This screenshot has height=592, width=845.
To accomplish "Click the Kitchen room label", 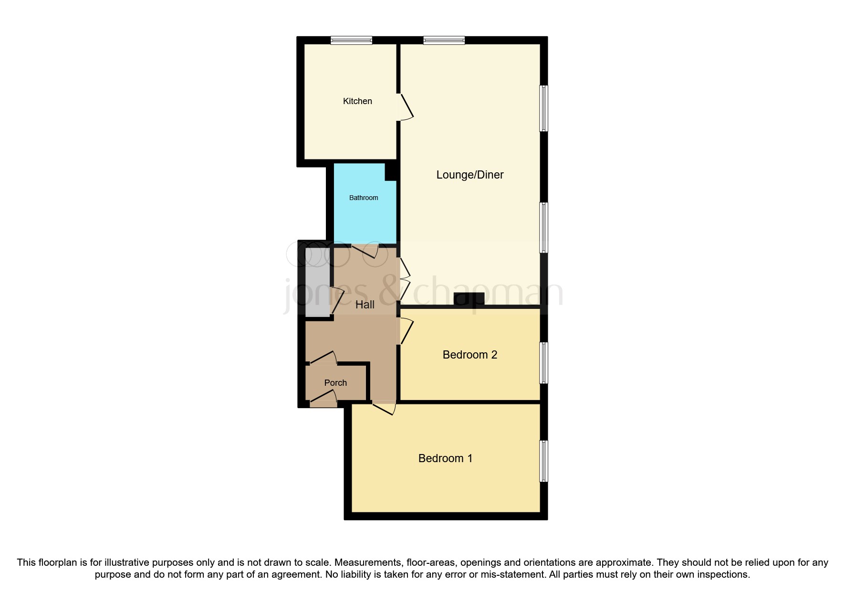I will [x=357, y=101].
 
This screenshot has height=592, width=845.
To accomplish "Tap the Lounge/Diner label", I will [x=469, y=175].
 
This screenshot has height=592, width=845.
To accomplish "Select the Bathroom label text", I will [x=364, y=198].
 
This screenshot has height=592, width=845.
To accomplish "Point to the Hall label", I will [x=365, y=305].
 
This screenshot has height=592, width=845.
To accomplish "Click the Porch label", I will [x=335, y=383].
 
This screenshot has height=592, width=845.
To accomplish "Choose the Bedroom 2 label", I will [x=469, y=355].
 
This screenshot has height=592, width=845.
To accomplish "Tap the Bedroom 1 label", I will [x=445, y=458].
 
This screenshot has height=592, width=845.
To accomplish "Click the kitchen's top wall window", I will [x=351, y=41].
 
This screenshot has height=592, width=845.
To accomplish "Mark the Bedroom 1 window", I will [x=543, y=461].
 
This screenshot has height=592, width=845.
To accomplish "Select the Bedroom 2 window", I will [x=543, y=362].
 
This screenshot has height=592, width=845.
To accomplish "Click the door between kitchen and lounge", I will [x=405, y=106].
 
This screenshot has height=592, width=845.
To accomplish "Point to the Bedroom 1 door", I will [x=384, y=409].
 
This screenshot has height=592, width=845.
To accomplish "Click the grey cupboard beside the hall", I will [x=317, y=286].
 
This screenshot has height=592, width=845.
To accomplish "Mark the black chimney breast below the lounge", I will [x=469, y=299].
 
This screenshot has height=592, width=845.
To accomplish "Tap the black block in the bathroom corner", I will [x=390, y=172].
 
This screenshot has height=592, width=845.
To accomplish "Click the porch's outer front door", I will [x=323, y=399].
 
